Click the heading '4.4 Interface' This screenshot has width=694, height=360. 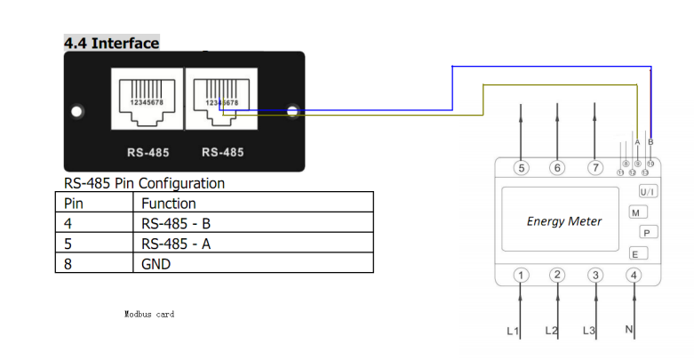(111, 43)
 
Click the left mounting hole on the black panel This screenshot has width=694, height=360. (77, 112)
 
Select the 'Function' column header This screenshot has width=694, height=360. (169, 204)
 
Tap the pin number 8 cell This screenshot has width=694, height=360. (68, 263)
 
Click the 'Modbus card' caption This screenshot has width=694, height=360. (149, 315)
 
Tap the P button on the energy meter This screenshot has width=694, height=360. (647, 232)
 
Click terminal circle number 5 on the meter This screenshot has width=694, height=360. (522, 167)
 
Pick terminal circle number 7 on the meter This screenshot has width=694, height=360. (595, 167)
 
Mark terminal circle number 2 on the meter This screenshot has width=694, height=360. (557, 275)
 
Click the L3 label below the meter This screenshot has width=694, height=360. (588, 331)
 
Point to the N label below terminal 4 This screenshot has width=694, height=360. (629, 331)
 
